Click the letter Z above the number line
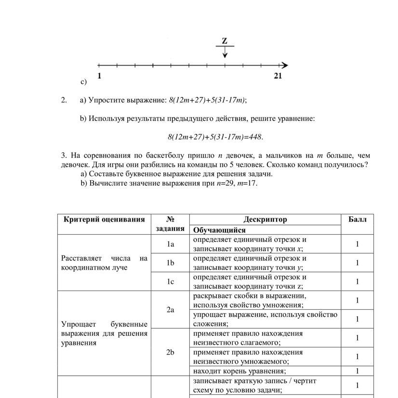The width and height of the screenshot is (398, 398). pyautogui.click(x=225, y=41)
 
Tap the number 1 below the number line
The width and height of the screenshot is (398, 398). pyautogui.click(x=99, y=76)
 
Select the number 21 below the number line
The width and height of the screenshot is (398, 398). pyautogui.click(x=278, y=76)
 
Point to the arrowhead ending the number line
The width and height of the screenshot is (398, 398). pyautogui.click(x=285, y=65)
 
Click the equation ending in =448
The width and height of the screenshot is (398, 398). pyautogui.click(x=215, y=137)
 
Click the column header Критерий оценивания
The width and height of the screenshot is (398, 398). pyautogui.click(x=104, y=219)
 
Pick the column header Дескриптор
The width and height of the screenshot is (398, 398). pyautogui.click(x=265, y=219)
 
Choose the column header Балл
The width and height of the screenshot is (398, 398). pyautogui.click(x=357, y=219)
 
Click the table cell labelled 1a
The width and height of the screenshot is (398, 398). pyautogui.click(x=170, y=244)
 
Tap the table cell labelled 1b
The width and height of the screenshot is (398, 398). pyautogui.click(x=170, y=263)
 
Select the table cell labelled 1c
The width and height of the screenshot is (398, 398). pyautogui.click(x=170, y=282)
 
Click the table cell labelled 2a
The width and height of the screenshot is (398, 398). pyautogui.click(x=170, y=310)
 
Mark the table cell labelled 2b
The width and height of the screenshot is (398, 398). pyautogui.click(x=170, y=352)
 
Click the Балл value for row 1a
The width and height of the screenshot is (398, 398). pyautogui.click(x=357, y=244)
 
